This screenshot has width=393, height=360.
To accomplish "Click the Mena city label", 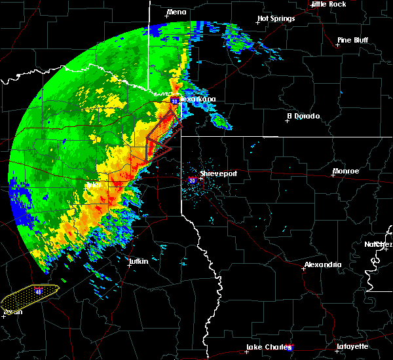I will tap(177, 12).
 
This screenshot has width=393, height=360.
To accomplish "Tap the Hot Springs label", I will tap(276, 18).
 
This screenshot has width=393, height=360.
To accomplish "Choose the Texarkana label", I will tap(198, 99).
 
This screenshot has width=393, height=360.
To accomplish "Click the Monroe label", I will tap(346, 171).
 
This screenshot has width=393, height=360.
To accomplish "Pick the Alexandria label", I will tap(322, 264).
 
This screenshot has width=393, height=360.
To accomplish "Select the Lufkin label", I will tap(138, 261).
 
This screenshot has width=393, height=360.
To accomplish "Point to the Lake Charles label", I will tap(269, 347).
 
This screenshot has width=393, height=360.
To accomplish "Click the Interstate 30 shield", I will tap(175, 101).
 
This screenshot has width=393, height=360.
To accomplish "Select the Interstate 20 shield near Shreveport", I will tap(192, 179).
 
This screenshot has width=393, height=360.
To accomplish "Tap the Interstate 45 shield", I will tap(39, 291).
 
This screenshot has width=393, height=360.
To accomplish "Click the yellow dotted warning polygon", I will tap(29, 298).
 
